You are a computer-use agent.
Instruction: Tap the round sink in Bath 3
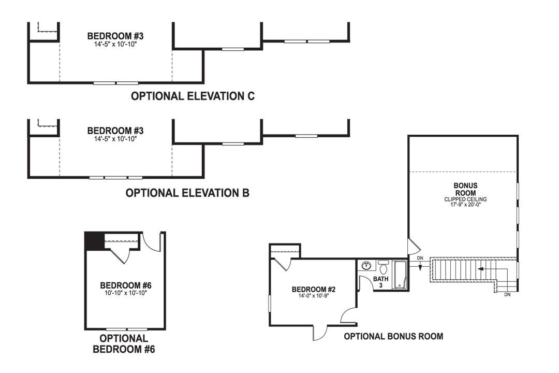click(x=367, y=266)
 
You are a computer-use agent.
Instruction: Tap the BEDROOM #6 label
click(x=125, y=285)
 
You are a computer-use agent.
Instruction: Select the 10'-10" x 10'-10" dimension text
click(x=125, y=292)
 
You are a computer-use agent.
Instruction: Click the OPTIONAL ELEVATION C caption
click(x=193, y=96)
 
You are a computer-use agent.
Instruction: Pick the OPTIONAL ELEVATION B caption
click(x=187, y=193)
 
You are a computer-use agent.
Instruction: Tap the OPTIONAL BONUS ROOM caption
click(x=393, y=336)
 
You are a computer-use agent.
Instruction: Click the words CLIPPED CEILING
click(x=465, y=199)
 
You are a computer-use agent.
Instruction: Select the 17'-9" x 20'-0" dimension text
click(x=465, y=205)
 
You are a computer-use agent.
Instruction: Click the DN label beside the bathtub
click(x=420, y=258)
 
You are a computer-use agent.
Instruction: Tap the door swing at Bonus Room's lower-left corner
click(x=413, y=247)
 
